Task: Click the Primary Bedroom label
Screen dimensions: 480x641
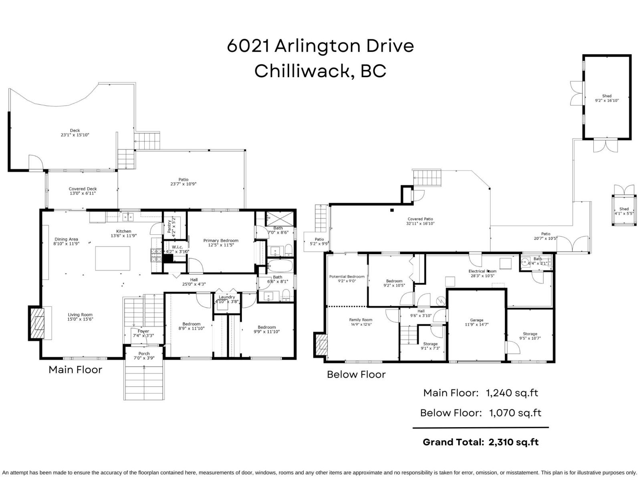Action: coord(221,241)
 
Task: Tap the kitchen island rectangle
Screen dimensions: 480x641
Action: coord(113,258)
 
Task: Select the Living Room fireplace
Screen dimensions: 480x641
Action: coord(39,322)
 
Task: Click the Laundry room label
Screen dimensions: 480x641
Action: coord(227,297)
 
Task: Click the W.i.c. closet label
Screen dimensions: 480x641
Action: coord(177,247)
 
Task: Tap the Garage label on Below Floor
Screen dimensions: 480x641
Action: coord(477,320)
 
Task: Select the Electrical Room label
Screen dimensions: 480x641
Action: coord(482,271)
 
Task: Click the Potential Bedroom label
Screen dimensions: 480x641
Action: coord(347,276)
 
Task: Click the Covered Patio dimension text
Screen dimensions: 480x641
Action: coord(420,224)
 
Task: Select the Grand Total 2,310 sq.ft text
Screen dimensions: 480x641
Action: coord(480,442)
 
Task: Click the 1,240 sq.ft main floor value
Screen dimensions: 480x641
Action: coord(512,393)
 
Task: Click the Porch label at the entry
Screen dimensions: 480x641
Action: coord(144,354)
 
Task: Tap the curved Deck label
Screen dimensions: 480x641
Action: coord(75,130)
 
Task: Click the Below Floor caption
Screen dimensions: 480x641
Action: coord(356,374)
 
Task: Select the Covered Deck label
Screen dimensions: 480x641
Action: coord(83,189)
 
